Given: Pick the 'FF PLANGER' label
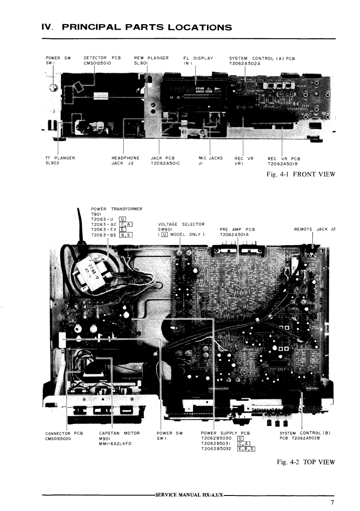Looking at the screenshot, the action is click(x=61, y=158).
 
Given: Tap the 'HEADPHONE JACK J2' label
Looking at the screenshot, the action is click(x=125, y=158).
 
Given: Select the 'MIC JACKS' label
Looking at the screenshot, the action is click(x=210, y=158).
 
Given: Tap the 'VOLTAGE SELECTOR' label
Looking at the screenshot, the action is click(x=181, y=224).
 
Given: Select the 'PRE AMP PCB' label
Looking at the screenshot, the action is click(x=237, y=230).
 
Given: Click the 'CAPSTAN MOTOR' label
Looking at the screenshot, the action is click(x=119, y=433).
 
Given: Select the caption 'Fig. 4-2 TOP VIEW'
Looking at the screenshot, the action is click(x=305, y=462).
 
